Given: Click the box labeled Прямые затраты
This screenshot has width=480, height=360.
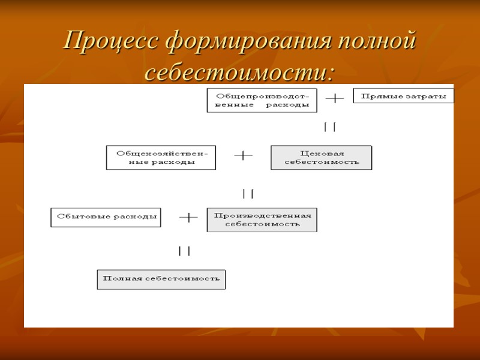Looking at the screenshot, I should (403, 96).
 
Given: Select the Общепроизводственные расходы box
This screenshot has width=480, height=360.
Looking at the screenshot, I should (262, 100).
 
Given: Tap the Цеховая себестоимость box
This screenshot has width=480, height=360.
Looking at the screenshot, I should (321, 157).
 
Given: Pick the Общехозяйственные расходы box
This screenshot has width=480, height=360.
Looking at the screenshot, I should (161, 157).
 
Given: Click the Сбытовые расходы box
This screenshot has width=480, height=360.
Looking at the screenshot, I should (106, 217).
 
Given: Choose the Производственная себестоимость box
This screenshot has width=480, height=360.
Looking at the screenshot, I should (262, 220).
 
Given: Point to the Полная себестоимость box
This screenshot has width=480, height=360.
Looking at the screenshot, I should (161, 279).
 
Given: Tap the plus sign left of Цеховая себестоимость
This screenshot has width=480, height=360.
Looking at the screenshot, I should (243, 155).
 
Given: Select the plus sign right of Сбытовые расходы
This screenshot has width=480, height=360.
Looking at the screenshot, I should (188, 217).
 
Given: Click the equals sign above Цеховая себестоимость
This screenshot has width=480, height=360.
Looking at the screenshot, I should (329, 127).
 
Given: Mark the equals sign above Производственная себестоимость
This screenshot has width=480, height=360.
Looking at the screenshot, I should (248, 193).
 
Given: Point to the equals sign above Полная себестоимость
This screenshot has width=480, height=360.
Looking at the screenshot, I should (184, 251).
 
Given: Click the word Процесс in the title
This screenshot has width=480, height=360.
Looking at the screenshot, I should (111, 41).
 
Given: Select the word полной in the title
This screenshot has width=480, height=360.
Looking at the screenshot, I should (376, 41).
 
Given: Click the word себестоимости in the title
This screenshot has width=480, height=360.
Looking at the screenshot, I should (239, 73).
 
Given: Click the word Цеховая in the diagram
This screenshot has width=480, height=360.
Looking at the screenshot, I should (321, 152).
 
